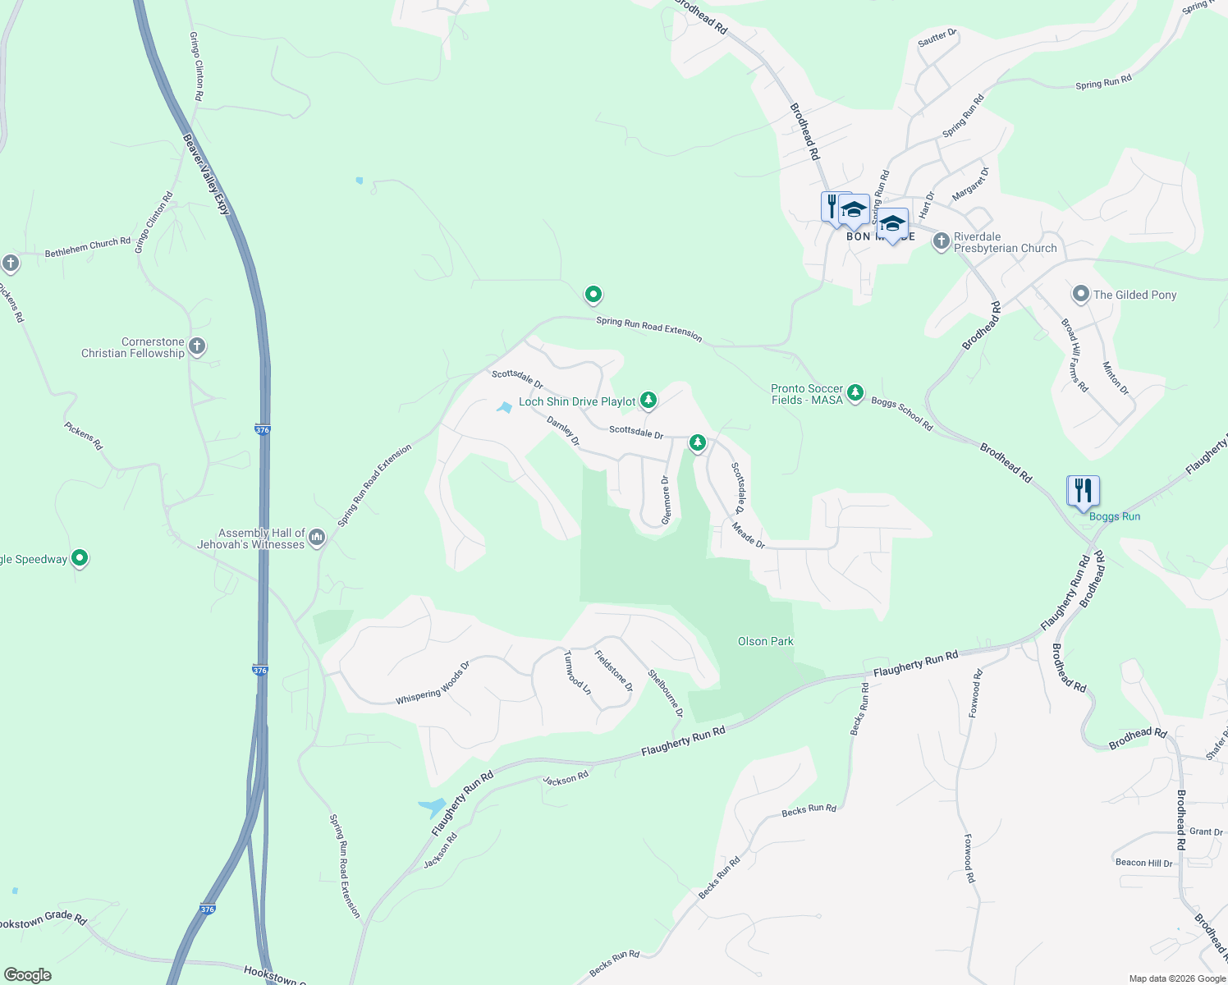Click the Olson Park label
pos(765,641)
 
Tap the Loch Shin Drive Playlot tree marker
pos(648,401)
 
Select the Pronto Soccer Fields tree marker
pos(855,393)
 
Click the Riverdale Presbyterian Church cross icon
pos(942,241)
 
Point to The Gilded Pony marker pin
pos(1081,294)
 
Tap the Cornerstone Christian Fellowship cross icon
pos(197,346)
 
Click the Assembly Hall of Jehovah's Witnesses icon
pos(318,538)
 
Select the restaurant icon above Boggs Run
pos(1084,491)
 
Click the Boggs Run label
pos(1114,516)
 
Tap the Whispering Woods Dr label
pos(433,683)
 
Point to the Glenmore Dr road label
pos(666,500)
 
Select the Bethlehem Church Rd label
pos(87,247)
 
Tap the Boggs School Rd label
pos(901,414)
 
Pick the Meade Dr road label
pos(748,536)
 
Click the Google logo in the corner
pos(27,975)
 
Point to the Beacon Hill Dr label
pos(1143,863)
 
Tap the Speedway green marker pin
pos(80,558)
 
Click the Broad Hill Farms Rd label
pos(1074,355)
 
